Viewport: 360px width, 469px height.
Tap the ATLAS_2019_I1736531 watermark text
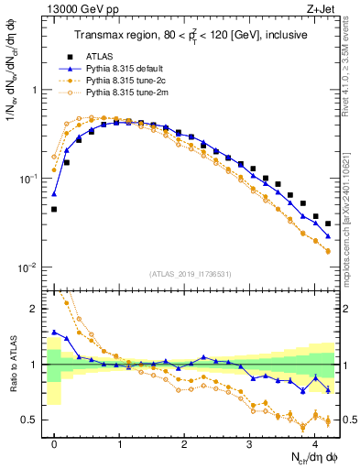(193, 274)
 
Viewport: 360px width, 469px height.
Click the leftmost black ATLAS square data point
(54, 209)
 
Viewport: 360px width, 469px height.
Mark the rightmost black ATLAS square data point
(328, 224)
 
